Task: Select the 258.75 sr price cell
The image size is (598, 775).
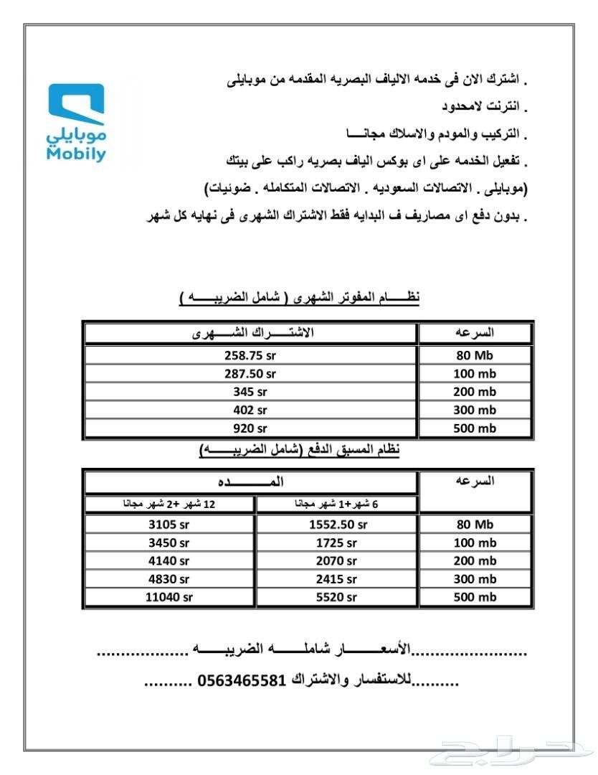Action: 250,355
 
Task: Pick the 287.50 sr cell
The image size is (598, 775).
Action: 250,374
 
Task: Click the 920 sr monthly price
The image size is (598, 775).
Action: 250,428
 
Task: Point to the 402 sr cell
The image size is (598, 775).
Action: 250,410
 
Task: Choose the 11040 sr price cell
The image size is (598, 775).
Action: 169,597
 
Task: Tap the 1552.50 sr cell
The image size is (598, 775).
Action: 336,525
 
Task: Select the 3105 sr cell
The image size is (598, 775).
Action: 169,525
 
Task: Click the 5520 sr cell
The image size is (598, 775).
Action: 336,597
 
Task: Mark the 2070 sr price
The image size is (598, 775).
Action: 336,561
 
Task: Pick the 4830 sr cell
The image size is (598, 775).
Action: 169,579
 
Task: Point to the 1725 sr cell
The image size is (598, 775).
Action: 336,543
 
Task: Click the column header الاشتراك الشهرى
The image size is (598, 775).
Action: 250,334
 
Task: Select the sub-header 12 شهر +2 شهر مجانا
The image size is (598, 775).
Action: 169,504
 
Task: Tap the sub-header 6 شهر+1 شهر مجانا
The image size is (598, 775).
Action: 336,504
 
